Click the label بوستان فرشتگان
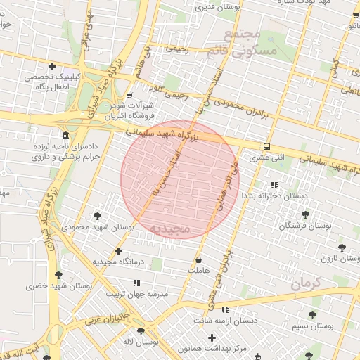coord(304,226)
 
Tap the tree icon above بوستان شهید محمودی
coord(97,214)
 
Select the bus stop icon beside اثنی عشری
coord(266,146)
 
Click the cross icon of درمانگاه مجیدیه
coord(118,250)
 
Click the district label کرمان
coord(305,284)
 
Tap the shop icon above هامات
coord(198,259)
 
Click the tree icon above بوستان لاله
coord(141,331)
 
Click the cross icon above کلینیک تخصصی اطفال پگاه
coord(52,66)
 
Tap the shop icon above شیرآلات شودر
coord(129,95)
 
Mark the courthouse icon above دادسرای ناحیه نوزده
coord(65,134)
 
